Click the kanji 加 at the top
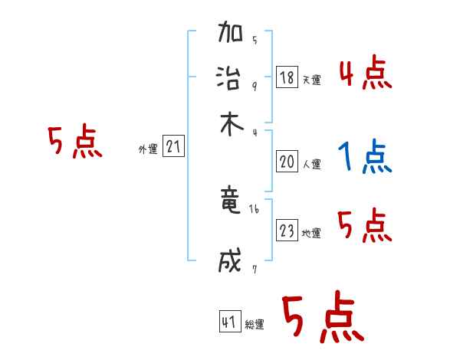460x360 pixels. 231,35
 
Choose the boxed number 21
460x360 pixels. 173,147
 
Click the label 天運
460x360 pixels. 312,80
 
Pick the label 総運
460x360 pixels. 255,325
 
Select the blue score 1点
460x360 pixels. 364,158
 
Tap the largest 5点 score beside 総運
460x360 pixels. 322,318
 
